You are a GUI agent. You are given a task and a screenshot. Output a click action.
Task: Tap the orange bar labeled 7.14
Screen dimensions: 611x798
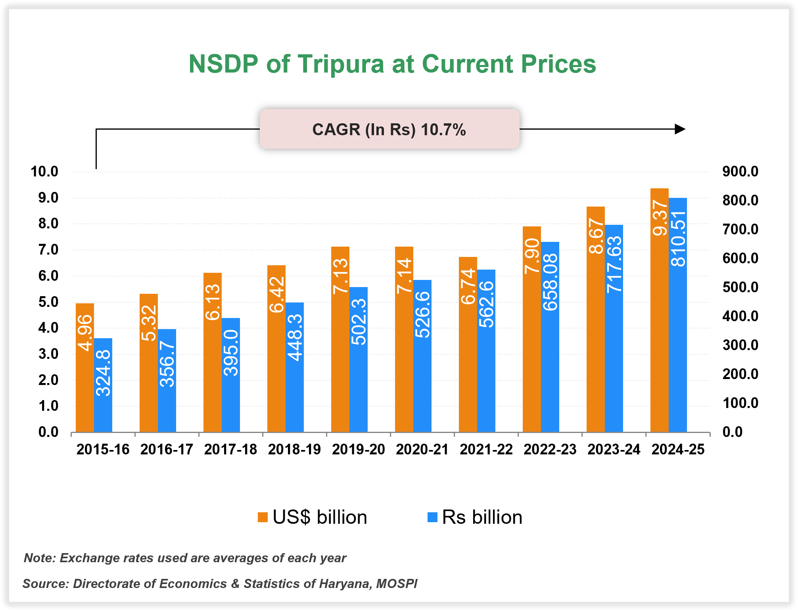(404, 357)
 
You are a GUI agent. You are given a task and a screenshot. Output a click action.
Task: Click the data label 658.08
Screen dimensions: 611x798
(551, 282)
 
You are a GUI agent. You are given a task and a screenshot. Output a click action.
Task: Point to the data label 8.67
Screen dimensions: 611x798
(596, 238)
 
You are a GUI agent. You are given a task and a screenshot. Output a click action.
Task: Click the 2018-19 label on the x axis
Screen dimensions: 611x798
(294, 450)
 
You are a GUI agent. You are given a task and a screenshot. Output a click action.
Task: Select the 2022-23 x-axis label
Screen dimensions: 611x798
(550, 450)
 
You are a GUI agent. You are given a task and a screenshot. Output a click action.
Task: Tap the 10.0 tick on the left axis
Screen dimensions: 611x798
(44, 172)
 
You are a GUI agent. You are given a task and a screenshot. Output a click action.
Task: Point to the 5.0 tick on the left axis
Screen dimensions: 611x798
(48, 302)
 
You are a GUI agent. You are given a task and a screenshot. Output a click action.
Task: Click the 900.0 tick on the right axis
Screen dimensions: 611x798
(740, 172)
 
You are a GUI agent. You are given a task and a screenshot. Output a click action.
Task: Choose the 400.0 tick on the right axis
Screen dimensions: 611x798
(740, 316)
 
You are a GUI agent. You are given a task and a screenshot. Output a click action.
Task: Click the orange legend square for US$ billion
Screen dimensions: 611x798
(263, 517)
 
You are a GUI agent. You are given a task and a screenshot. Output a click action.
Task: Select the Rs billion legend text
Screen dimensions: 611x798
(482, 517)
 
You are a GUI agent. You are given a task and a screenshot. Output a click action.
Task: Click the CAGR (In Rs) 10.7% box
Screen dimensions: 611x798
(389, 129)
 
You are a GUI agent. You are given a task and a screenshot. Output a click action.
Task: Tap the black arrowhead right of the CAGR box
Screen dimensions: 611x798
(680, 129)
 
